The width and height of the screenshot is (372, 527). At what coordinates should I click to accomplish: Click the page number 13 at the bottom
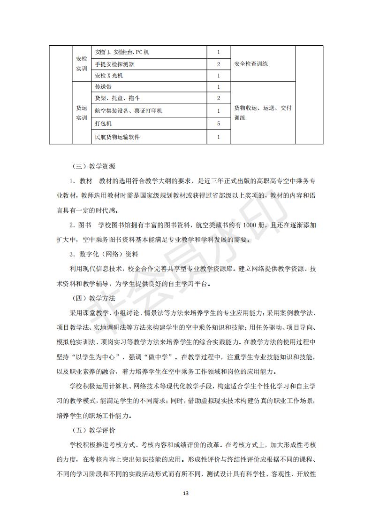coord(186,493)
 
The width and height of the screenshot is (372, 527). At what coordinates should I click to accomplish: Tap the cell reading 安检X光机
coord(109,75)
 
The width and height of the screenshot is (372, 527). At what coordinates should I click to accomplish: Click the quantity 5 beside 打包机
coord(219,124)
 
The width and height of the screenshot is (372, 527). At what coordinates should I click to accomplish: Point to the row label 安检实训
coord(82,64)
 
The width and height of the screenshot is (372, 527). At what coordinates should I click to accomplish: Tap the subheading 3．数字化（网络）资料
coord(104,254)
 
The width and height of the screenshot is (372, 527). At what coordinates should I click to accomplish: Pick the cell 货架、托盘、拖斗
coord(117,99)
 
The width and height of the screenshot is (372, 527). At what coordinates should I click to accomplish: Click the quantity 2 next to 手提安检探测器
coord(219,64)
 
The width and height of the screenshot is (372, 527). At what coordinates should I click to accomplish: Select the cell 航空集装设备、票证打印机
coord(129,111)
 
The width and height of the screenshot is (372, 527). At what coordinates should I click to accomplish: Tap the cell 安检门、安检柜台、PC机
coord(122,52)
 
